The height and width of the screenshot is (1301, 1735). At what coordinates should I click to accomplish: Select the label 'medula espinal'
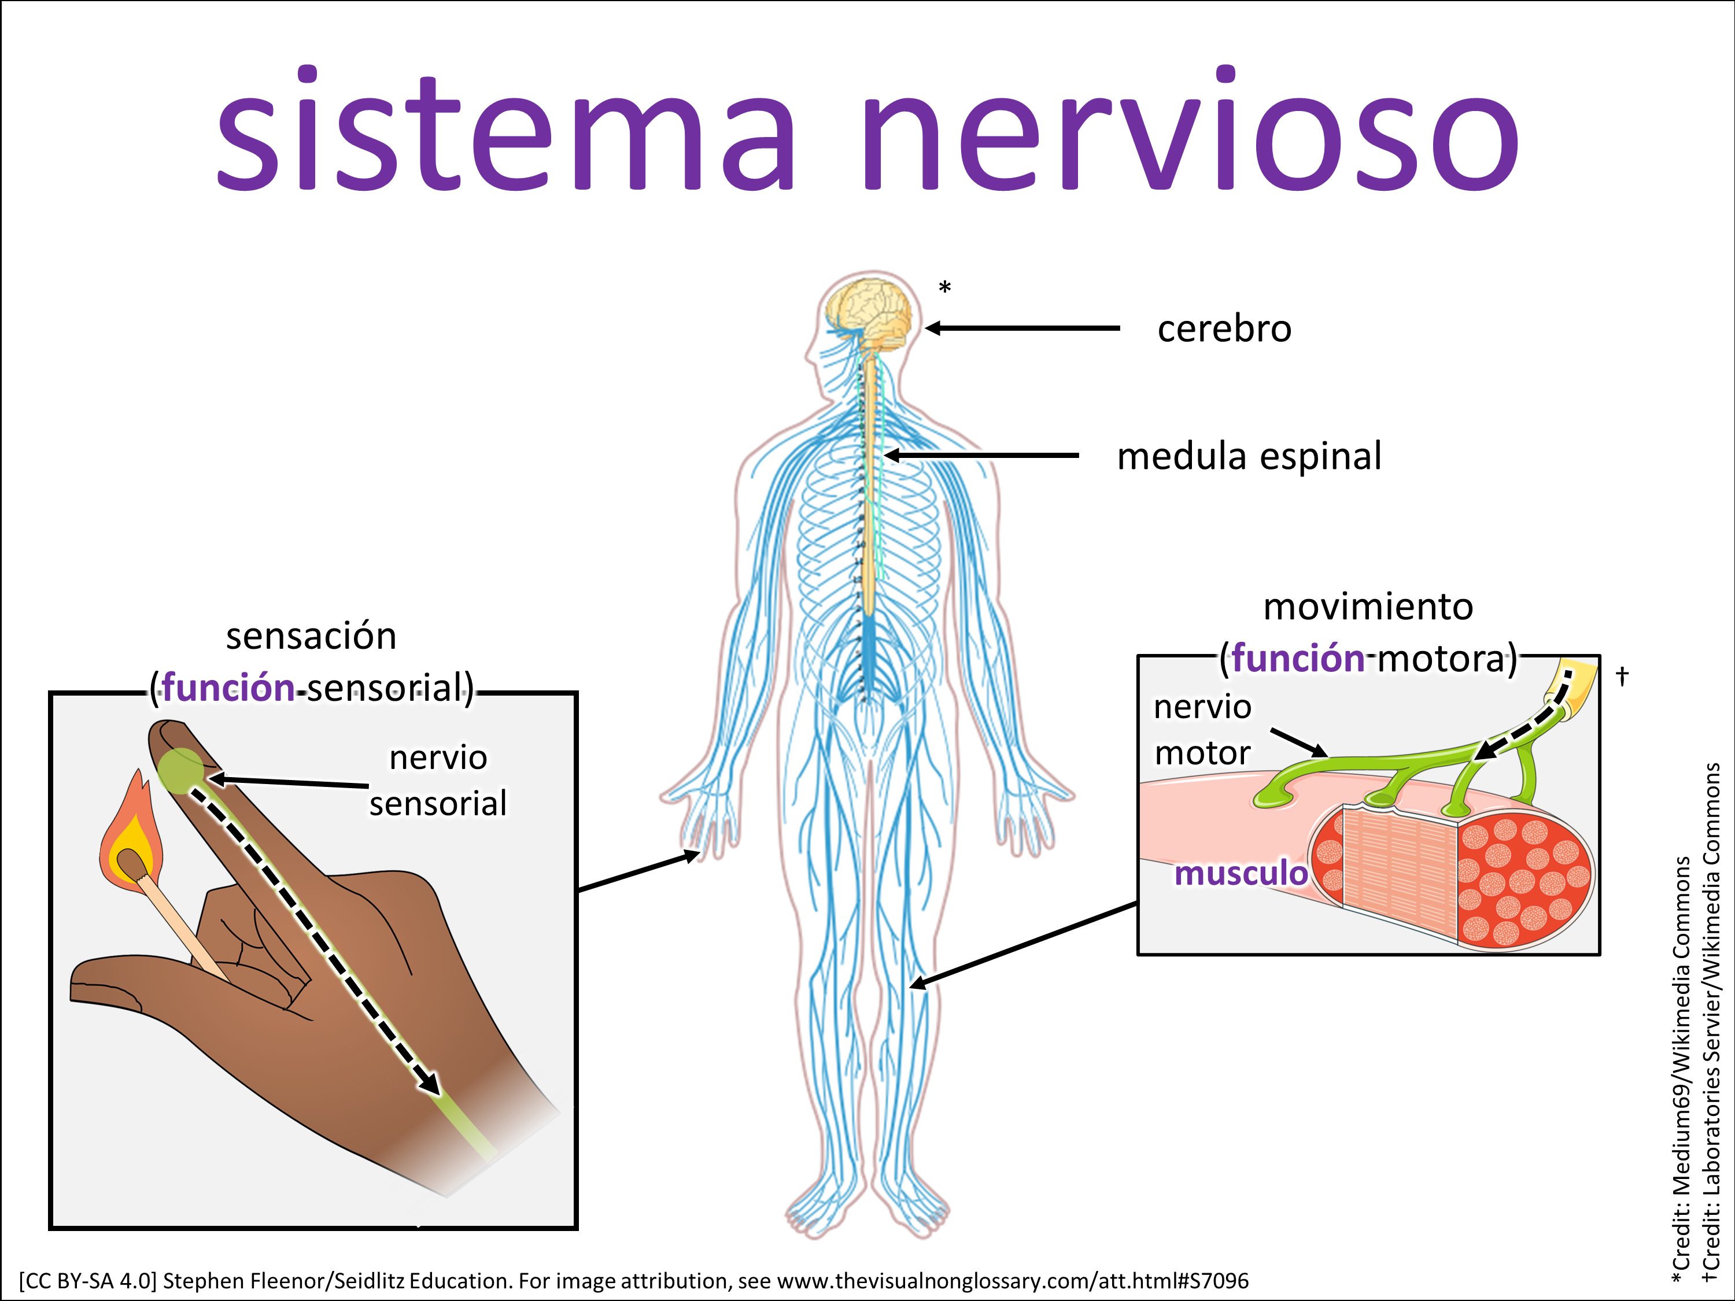[1249, 456]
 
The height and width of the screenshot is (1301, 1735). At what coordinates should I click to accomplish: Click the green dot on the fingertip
[180, 770]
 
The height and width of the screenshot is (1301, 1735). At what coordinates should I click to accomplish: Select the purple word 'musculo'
[1240, 873]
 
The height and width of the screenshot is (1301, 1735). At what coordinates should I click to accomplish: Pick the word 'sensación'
[311, 636]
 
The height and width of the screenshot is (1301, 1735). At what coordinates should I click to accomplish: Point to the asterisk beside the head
[944, 288]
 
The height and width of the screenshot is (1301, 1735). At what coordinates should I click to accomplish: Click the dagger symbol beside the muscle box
[1622, 675]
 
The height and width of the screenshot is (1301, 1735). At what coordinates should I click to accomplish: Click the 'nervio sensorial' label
[438, 780]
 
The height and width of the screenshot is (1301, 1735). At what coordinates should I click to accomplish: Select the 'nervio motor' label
[1202, 729]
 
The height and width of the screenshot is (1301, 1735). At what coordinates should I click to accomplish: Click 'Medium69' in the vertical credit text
[1681, 1114]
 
